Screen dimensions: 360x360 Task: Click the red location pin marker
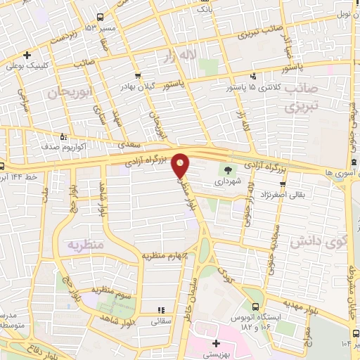[181, 165]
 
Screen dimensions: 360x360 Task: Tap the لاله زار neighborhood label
[179, 55]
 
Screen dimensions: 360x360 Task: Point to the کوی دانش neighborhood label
[319, 243]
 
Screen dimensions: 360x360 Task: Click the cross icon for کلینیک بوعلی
[27, 55]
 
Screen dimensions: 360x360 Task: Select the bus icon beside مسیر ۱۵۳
[101, 17]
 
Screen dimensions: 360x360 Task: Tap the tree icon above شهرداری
[228, 169]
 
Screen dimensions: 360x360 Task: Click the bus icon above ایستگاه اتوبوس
[256, 306]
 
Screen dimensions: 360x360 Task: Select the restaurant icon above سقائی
[160, 309]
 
